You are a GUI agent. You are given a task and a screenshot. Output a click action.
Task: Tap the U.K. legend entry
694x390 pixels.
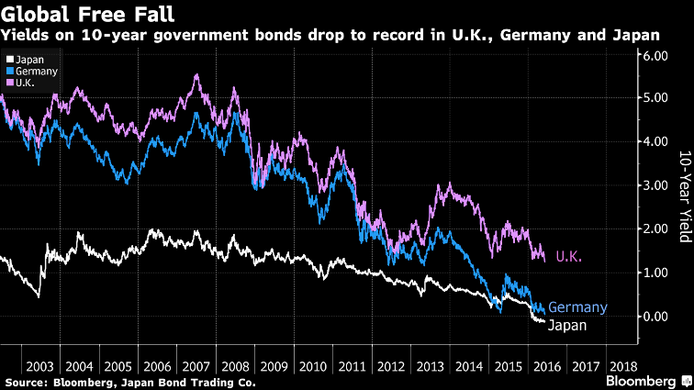click(x=25, y=83)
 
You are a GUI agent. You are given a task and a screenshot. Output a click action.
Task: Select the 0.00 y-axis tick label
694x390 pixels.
click(x=658, y=316)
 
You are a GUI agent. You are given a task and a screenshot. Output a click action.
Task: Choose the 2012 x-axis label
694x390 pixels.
click(x=393, y=364)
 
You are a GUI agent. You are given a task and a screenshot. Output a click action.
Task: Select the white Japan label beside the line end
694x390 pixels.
click(x=567, y=324)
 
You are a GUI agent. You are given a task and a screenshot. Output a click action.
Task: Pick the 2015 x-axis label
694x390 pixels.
click(x=507, y=364)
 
